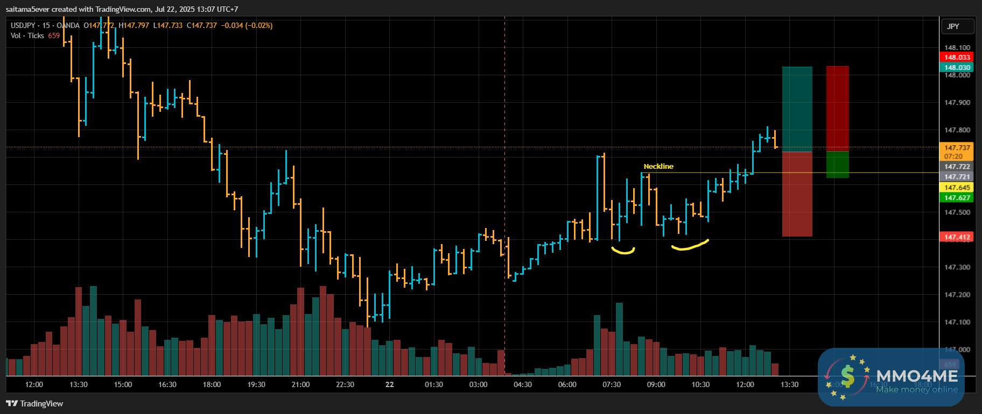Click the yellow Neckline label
[658, 167]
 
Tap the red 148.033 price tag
[957, 58]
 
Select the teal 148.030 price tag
[957, 68]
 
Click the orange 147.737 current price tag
[957, 148]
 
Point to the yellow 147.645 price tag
[957, 188]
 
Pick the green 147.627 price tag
[957, 198]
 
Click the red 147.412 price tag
[957, 237]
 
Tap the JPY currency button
[953, 26]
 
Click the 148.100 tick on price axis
[957, 48]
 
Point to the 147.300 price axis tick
[957, 267]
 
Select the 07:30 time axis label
[612, 385]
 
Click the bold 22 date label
[390, 385]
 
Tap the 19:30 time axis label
[256, 385]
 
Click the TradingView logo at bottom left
[34, 404]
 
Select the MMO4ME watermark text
[917, 376]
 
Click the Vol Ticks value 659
[54, 36]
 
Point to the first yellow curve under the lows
[623, 251]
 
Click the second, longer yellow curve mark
[690, 246]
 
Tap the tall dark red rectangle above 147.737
[837, 108]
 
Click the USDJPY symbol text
[23, 26]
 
